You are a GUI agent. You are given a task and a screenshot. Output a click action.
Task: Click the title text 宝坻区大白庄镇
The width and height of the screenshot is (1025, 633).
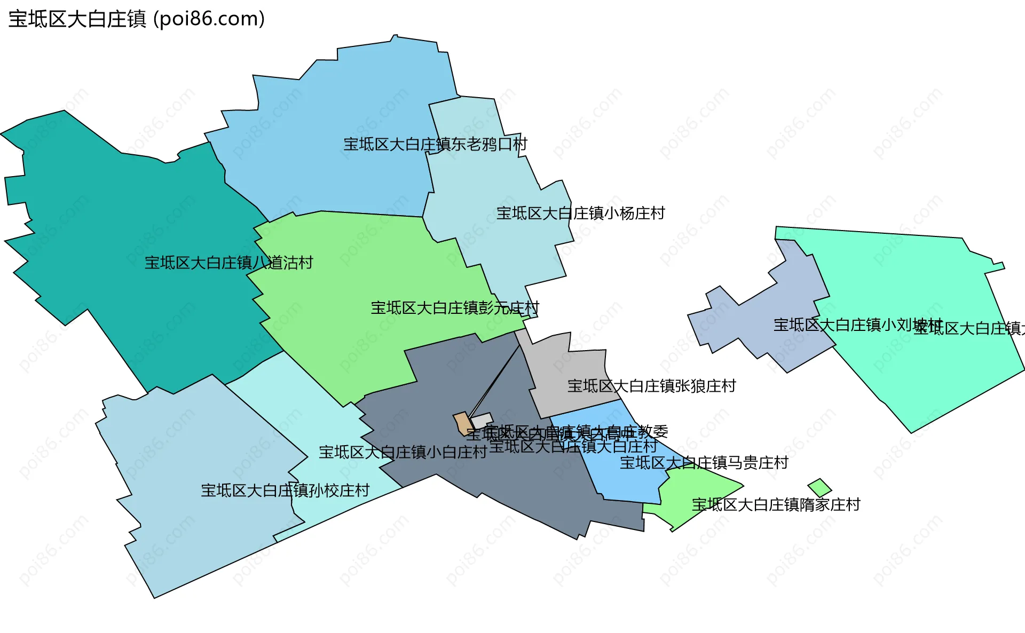pos(77,19)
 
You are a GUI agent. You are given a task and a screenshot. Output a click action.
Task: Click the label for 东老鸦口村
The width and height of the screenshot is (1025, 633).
pos(435,144)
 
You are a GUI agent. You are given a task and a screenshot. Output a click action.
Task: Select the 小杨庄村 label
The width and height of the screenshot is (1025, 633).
pos(581,213)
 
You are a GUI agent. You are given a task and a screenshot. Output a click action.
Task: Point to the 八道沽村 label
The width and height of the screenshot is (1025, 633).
pos(228,263)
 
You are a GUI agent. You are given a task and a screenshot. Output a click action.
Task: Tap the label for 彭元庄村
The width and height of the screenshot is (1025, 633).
pos(455,308)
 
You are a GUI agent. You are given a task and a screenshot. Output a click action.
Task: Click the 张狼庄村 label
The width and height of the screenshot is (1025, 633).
pos(651,386)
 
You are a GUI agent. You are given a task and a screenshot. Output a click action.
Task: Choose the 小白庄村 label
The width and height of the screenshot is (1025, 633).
pos(403,453)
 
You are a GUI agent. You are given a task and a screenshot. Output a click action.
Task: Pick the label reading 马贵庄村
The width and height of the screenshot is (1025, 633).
pos(704,463)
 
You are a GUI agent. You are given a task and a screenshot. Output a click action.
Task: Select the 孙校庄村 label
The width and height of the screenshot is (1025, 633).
pos(285,490)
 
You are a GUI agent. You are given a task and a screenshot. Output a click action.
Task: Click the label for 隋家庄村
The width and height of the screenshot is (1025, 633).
pos(776,504)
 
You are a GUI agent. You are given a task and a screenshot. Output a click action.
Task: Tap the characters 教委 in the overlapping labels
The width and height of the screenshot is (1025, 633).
pos(653,431)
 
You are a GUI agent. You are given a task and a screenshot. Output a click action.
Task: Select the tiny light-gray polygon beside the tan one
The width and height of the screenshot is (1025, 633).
pos(482,420)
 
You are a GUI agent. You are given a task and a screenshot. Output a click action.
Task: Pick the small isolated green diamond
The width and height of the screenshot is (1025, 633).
pos(819,487)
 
